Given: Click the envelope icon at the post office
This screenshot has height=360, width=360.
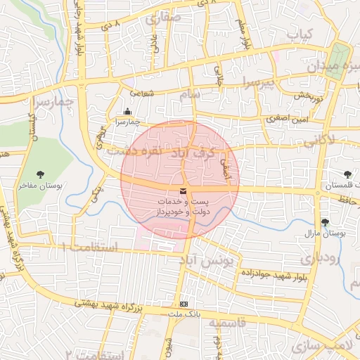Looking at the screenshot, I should point(183,191).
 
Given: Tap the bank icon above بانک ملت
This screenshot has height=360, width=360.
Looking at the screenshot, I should point(184,304).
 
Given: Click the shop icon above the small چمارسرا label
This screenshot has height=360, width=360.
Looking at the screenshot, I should point(127,111).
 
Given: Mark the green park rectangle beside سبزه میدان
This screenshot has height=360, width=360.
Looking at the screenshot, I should point(340,57).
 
